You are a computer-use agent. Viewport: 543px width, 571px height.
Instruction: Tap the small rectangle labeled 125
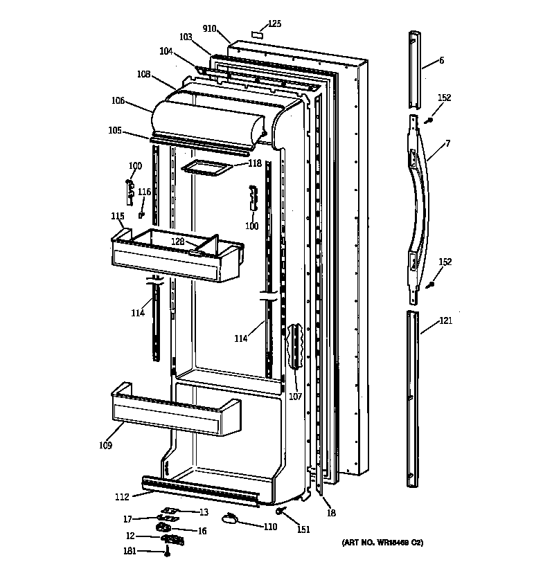tap(256, 33)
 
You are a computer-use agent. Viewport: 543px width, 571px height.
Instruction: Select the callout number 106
tap(117, 101)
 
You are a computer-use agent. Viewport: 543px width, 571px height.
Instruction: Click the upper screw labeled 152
tap(429, 120)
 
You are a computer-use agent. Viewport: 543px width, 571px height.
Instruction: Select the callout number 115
tap(117, 217)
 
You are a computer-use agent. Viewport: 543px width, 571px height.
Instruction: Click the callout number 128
tap(178, 242)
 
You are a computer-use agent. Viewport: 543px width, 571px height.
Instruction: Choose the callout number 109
tap(105, 445)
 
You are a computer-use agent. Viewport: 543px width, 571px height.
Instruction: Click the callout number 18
tap(331, 512)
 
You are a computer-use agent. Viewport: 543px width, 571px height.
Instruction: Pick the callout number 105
tap(115, 129)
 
